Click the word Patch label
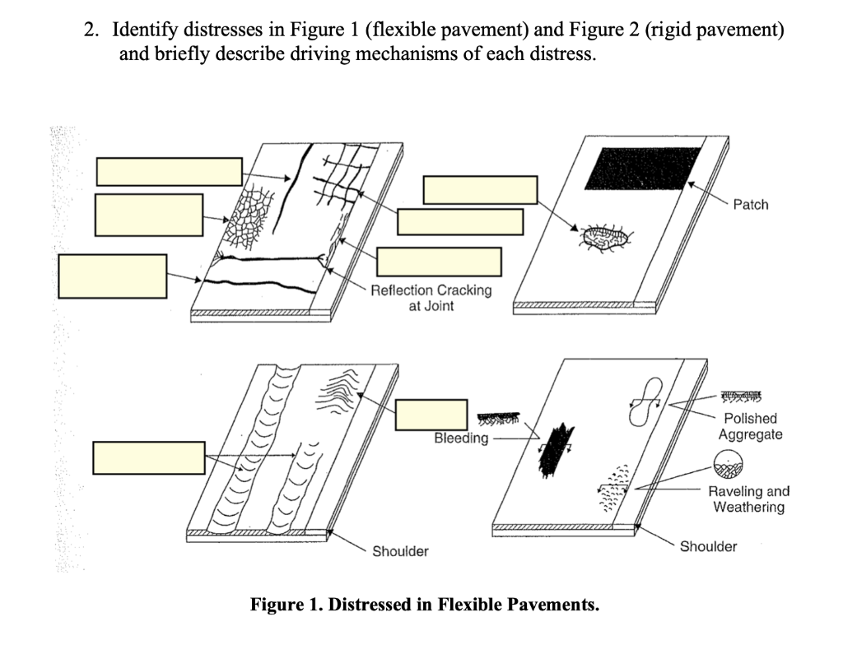pyautogui.click(x=750, y=204)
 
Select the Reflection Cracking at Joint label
pyautogui.click(x=431, y=298)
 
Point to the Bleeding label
pyautogui.click(x=461, y=438)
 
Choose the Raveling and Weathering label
pyautogui.click(x=748, y=499)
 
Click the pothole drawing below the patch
pyautogui.click(x=607, y=238)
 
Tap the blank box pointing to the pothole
pyautogui.click(x=480, y=190)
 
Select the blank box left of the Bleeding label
pyautogui.click(x=431, y=415)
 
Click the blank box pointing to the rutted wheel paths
pyautogui.click(x=148, y=457)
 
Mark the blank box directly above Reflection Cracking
pyautogui.click(x=439, y=262)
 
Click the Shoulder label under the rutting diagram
pyautogui.click(x=400, y=551)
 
